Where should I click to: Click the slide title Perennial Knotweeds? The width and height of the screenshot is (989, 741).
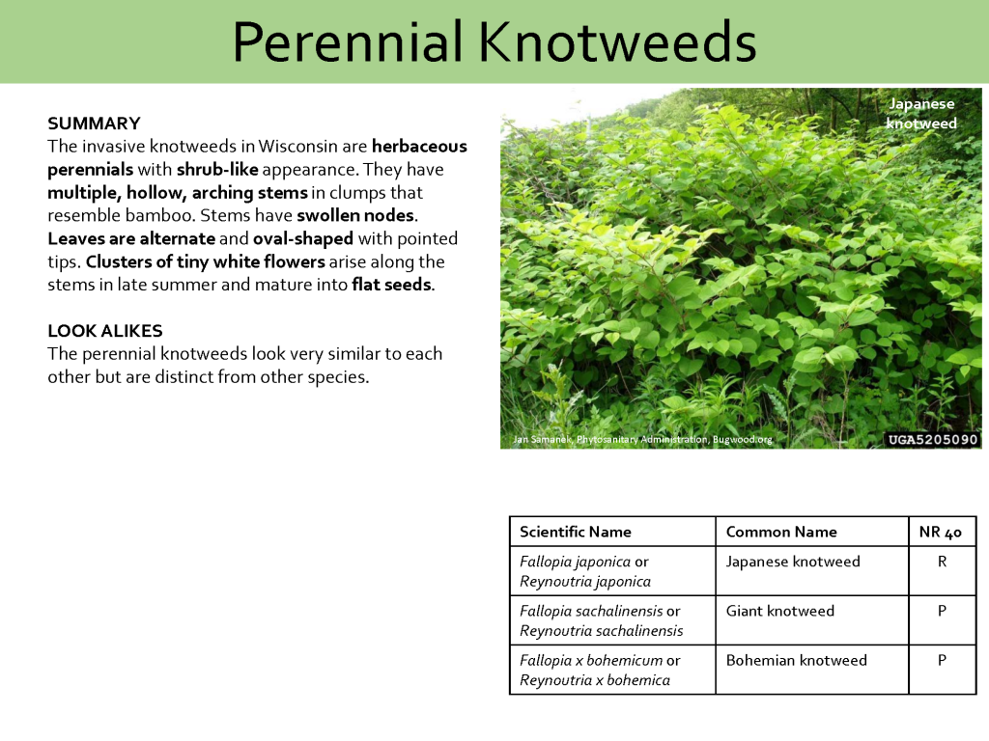click(494, 42)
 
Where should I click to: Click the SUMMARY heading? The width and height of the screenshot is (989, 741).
click(94, 123)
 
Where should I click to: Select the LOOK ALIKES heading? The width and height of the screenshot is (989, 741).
click(104, 331)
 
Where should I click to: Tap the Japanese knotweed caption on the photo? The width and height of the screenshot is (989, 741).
click(921, 114)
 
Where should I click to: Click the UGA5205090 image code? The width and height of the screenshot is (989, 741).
click(932, 440)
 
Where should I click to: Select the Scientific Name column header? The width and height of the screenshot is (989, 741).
click(575, 532)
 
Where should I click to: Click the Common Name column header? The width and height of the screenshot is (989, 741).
click(780, 532)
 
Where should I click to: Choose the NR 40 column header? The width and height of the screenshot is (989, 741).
click(941, 532)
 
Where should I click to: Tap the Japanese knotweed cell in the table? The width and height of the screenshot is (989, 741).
click(792, 562)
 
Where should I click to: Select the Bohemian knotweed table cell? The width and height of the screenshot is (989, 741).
click(796, 660)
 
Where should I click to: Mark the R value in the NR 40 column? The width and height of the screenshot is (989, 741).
click(942, 562)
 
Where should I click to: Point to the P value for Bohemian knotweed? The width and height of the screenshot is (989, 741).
click(942, 660)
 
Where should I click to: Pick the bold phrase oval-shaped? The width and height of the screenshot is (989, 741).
click(303, 238)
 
